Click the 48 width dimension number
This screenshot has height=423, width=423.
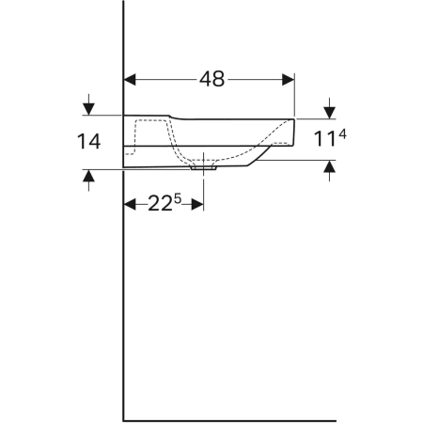click(x=211, y=79)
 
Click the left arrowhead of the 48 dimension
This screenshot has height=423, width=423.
click(x=131, y=79)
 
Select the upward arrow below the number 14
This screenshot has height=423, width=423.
click(x=88, y=178)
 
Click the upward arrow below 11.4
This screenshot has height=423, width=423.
click(x=330, y=167)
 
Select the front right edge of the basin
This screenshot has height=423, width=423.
click(x=293, y=132)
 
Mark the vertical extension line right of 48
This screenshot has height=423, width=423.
click(x=295, y=94)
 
